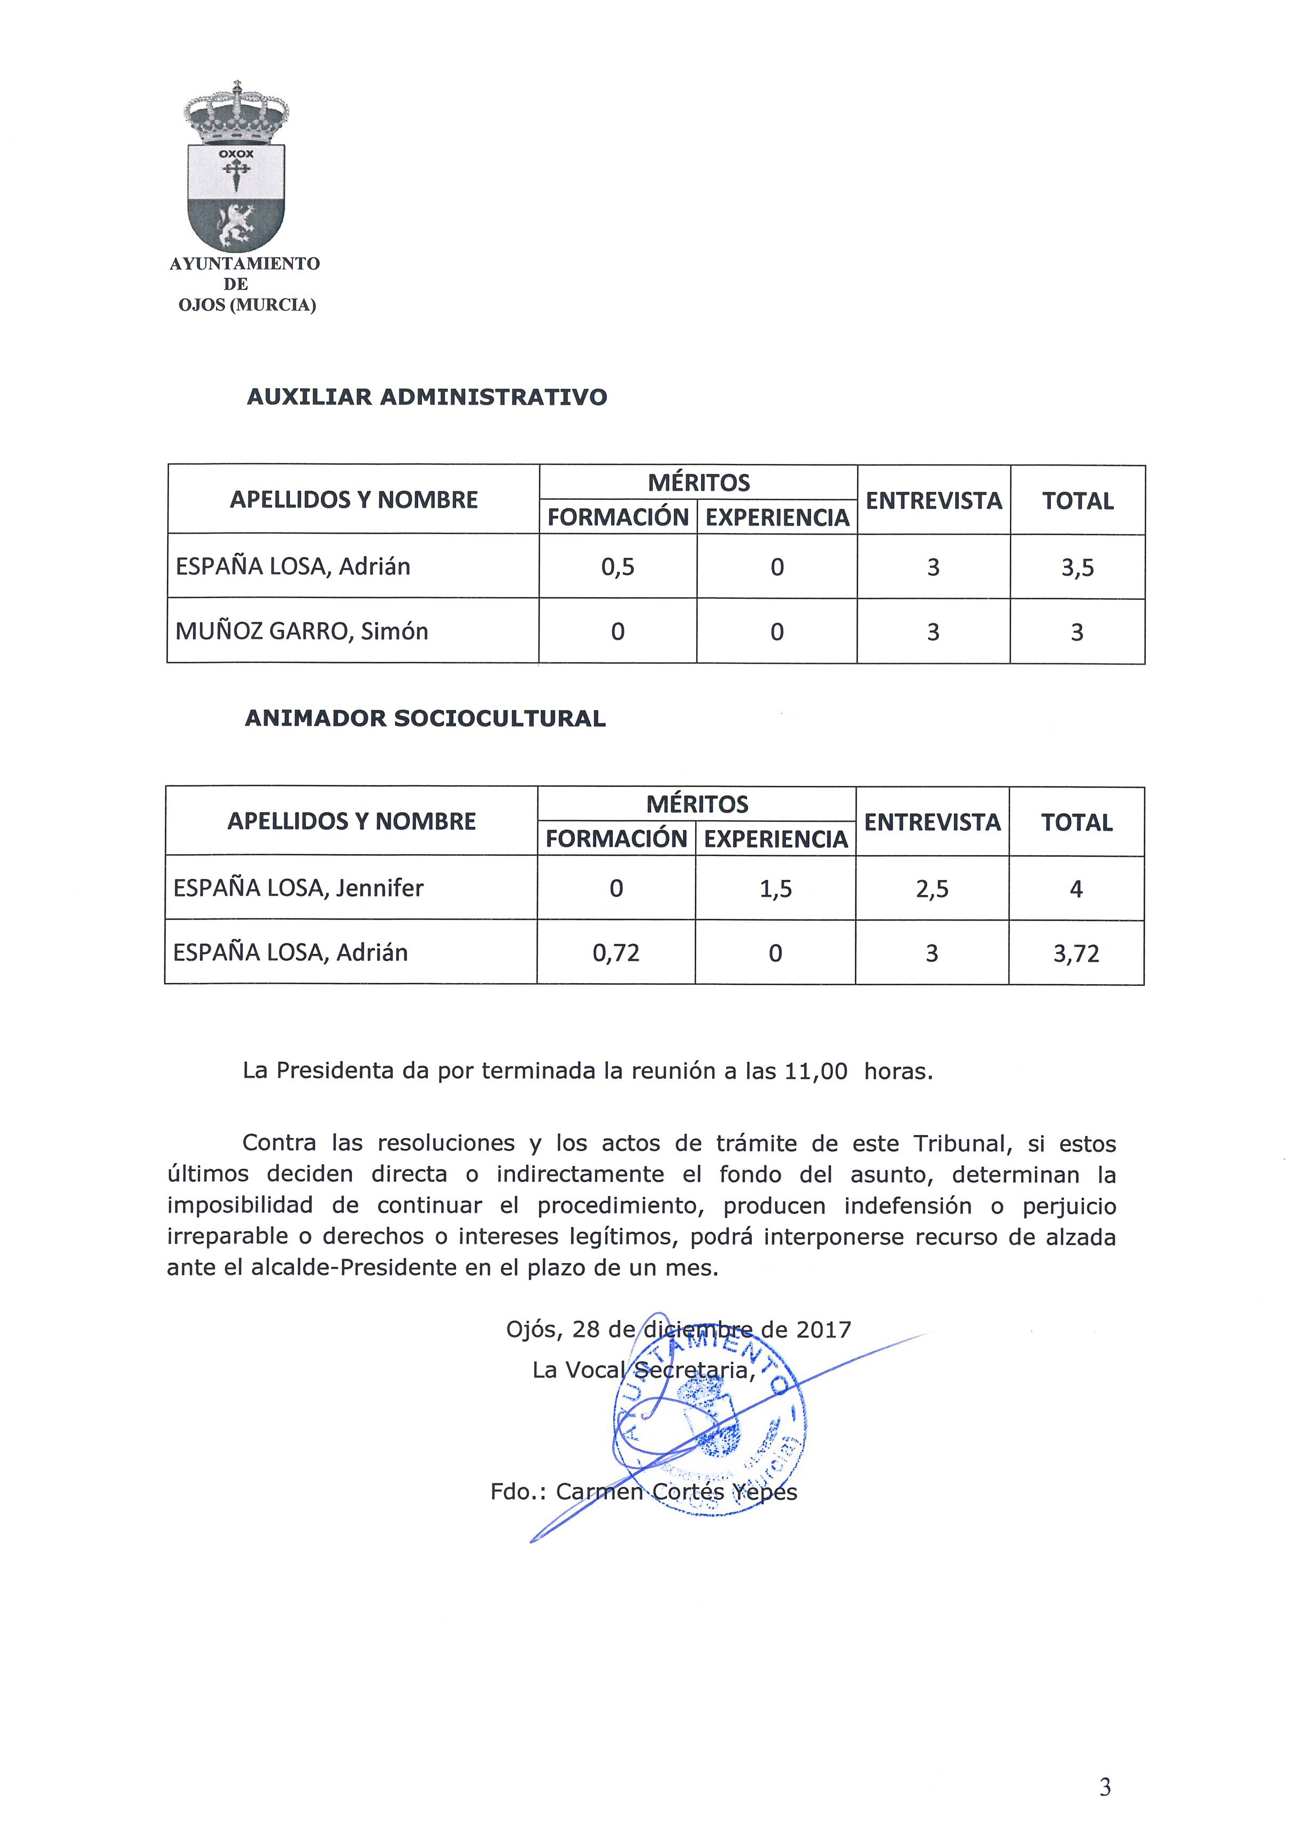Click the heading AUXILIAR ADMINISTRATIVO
tap(427, 397)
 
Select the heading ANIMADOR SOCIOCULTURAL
tap(425, 718)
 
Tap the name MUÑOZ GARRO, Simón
tap(302, 631)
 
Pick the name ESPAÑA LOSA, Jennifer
tap(298, 888)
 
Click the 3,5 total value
tap(1077, 568)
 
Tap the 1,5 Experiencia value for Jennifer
tap(776, 889)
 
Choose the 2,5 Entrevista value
tap(932, 889)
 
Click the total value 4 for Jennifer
tap(1076, 889)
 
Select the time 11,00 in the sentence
tap(816, 1071)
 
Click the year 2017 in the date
tap(823, 1329)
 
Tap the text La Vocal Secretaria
tap(644, 1370)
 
